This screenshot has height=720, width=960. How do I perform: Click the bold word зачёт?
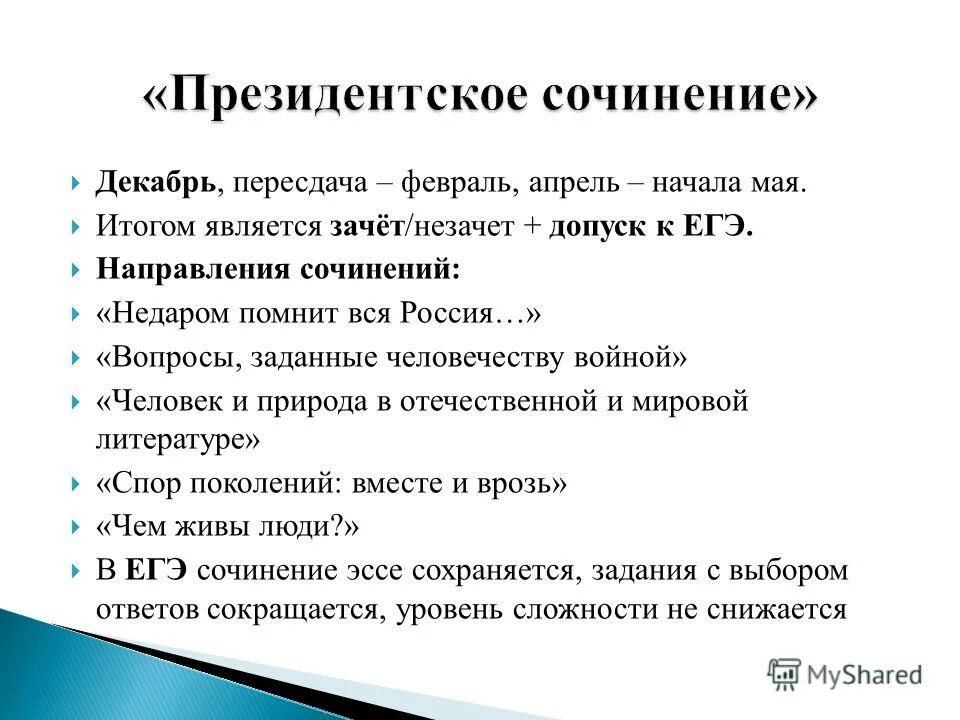click(x=367, y=227)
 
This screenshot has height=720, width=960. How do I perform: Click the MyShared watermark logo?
click(x=845, y=674)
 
